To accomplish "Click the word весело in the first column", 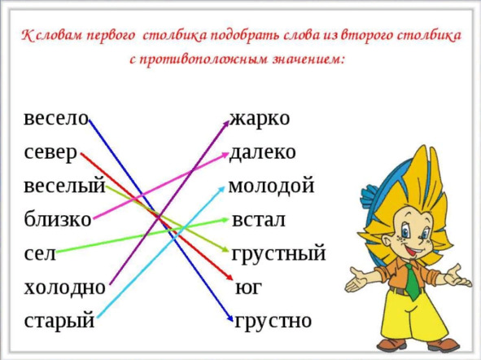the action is pyautogui.click(x=56, y=118).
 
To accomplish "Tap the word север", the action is pyautogui.click(x=50, y=153).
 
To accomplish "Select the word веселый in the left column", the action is pyautogui.click(x=64, y=186).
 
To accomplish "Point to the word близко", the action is pyautogui.click(x=58, y=219).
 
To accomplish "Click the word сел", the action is pyautogui.click(x=40, y=254).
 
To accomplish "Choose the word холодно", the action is pyautogui.click(x=65, y=288).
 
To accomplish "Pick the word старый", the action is pyautogui.click(x=59, y=322).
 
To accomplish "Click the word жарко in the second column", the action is pyautogui.click(x=260, y=118).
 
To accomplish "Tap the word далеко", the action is pyautogui.click(x=263, y=152).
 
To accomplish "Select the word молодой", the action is pyautogui.click(x=272, y=187).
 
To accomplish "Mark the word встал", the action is pyautogui.click(x=259, y=220).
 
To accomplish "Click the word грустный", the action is pyautogui.click(x=278, y=254).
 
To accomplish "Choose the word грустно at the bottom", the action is pyautogui.click(x=273, y=322).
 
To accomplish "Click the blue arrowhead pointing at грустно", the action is pyautogui.click(x=230, y=318).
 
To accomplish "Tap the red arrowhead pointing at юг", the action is pyautogui.click(x=230, y=277).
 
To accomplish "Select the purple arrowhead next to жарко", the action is pyautogui.click(x=226, y=123).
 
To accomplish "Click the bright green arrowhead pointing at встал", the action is pyautogui.click(x=225, y=220).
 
